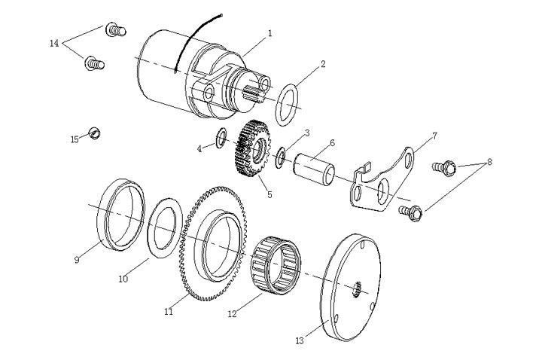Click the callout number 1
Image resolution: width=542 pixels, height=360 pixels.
click(270, 33)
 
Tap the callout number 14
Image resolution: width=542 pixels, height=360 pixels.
click(53, 44)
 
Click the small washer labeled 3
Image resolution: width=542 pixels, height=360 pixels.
click(279, 157)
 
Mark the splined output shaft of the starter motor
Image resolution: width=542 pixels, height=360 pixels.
click(253, 95)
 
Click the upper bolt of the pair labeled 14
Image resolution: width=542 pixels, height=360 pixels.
click(116, 31)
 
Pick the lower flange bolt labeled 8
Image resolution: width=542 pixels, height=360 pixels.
click(411, 211)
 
